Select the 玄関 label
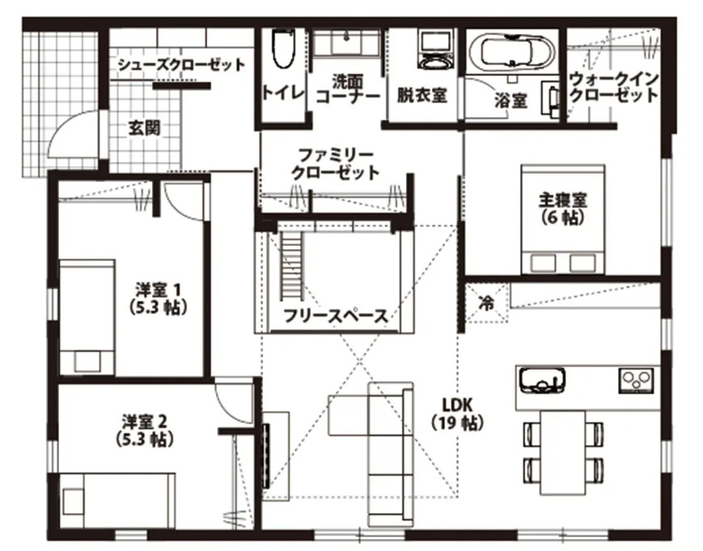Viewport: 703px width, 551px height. [x=144, y=127]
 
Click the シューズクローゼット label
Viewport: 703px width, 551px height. [x=180, y=66]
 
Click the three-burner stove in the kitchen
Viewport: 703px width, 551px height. [x=637, y=378]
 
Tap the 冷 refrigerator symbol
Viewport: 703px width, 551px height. [x=486, y=303]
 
